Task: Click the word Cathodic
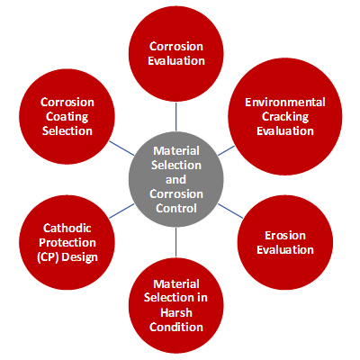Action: click(x=67, y=228)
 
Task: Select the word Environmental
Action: click(x=285, y=103)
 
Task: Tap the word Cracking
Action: click(x=285, y=117)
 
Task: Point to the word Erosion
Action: click(x=285, y=236)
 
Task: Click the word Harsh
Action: click(x=176, y=312)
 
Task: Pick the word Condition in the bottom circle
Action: click(x=176, y=327)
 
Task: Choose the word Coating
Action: click(x=67, y=117)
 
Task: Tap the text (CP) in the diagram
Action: click(x=48, y=257)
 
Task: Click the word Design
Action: click(x=79, y=257)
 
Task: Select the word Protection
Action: click(x=67, y=242)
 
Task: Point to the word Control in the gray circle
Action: click(x=176, y=208)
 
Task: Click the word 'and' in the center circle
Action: click(x=175, y=180)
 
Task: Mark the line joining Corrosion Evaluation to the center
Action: click(x=176, y=117)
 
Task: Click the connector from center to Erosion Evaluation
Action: click(x=230, y=211)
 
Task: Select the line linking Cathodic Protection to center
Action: click(x=121, y=211)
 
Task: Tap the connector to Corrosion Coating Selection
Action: click(x=121, y=148)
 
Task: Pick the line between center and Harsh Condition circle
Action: click(x=176, y=242)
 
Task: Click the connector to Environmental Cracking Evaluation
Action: click(x=226, y=150)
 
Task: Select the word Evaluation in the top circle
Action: click(x=176, y=61)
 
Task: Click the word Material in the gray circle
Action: click(x=176, y=150)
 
